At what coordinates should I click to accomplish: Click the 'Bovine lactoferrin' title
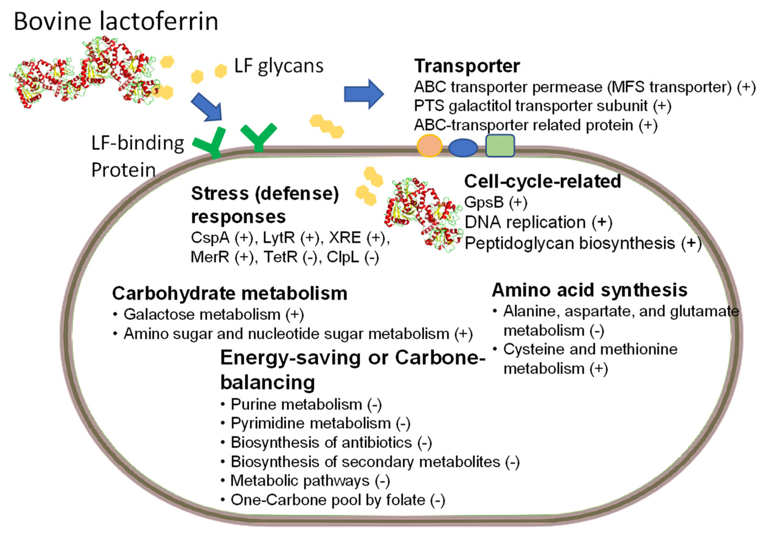coord(116,21)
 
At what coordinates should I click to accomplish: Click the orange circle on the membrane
coord(429,146)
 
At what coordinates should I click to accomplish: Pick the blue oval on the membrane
coord(463,147)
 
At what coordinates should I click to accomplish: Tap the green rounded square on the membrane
coord(500,145)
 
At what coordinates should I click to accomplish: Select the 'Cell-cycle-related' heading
coord(542,181)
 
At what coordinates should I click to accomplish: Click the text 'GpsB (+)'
coord(496,202)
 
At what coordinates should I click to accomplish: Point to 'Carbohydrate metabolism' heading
coord(230,293)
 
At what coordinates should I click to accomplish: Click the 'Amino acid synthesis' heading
coord(590,290)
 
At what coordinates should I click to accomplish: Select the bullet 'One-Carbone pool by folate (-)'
coord(337,500)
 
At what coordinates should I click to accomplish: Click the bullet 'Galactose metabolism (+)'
coord(214,314)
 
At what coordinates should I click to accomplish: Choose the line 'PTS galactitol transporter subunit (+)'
coord(542,106)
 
